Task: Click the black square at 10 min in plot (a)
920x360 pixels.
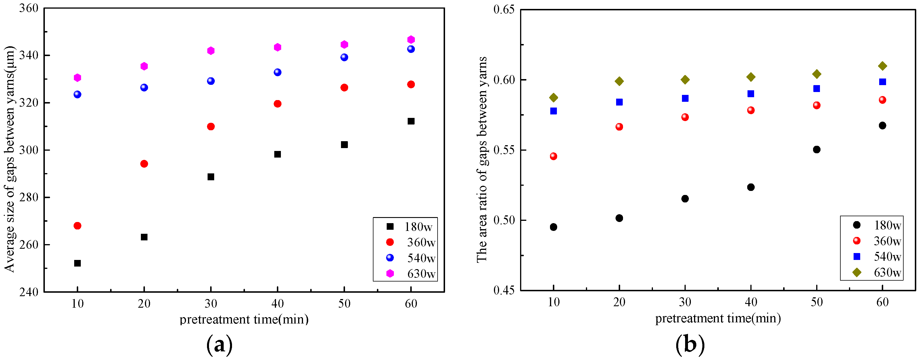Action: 77,263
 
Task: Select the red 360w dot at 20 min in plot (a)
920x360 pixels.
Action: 144,164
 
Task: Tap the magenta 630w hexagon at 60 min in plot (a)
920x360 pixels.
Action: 411,40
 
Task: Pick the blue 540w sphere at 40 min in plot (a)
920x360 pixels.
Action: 277,72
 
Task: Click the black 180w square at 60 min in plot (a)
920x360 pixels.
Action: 411,121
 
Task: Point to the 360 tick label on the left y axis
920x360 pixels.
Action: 28,9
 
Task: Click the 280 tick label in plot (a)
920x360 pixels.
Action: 28,198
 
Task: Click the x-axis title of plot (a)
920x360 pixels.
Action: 244,319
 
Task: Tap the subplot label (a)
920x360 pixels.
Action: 219,345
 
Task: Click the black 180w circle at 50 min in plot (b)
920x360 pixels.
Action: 816,150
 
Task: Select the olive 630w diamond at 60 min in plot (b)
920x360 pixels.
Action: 882,66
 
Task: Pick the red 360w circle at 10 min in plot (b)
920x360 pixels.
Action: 553,156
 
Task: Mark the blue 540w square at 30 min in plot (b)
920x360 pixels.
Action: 685,99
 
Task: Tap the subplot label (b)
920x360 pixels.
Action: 690,345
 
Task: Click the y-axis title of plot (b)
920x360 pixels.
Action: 482,159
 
